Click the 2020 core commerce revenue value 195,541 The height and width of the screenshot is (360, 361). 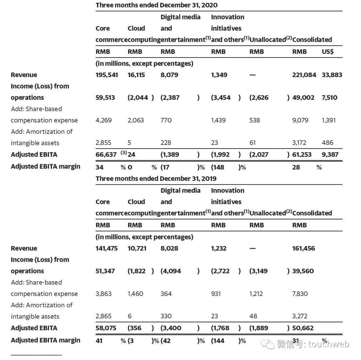click(107, 75)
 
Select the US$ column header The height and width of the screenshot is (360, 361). click(327, 52)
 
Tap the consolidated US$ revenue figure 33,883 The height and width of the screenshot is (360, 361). click(332, 75)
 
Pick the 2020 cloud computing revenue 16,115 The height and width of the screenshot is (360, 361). click(136, 75)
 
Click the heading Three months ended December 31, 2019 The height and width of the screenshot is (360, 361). click(156, 178)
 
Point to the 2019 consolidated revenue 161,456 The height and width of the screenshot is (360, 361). click(304, 248)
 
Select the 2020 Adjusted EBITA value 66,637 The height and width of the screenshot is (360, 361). click(106, 155)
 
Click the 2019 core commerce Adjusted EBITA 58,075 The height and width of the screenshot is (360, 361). click(106, 328)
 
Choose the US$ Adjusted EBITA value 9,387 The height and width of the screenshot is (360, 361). click(330, 155)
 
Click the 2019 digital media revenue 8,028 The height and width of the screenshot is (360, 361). click(169, 248)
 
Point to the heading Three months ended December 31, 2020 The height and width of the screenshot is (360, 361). click(156, 5)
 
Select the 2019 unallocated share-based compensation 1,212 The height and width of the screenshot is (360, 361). click(256, 294)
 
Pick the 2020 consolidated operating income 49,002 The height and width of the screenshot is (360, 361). click(304, 98)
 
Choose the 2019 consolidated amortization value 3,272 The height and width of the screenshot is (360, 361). click(299, 316)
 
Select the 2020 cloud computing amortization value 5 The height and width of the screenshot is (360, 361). click(129, 143)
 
